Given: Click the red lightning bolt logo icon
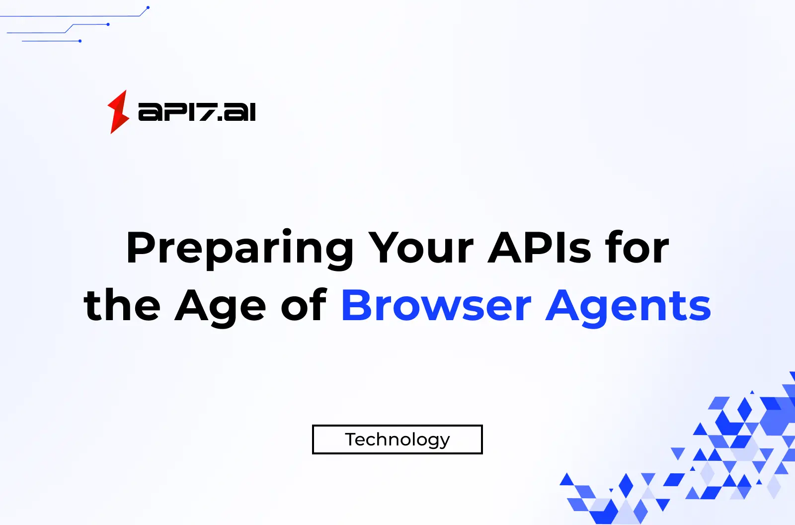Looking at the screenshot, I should [x=118, y=112].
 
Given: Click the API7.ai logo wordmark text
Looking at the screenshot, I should [x=197, y=112].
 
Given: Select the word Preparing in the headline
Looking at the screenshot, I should [x=239, y=248].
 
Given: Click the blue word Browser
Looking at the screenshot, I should [x=436, y=306].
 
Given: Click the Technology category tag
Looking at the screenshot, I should [x=397, y=439].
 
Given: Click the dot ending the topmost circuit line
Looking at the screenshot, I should [x=148, y=7].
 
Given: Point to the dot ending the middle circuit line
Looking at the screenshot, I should [x=108, y=24].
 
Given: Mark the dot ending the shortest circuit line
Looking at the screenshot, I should [x=80, y=41].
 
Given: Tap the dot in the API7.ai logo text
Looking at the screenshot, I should [x=220, y=118].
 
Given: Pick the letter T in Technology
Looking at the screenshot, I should [x=351, y=439].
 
